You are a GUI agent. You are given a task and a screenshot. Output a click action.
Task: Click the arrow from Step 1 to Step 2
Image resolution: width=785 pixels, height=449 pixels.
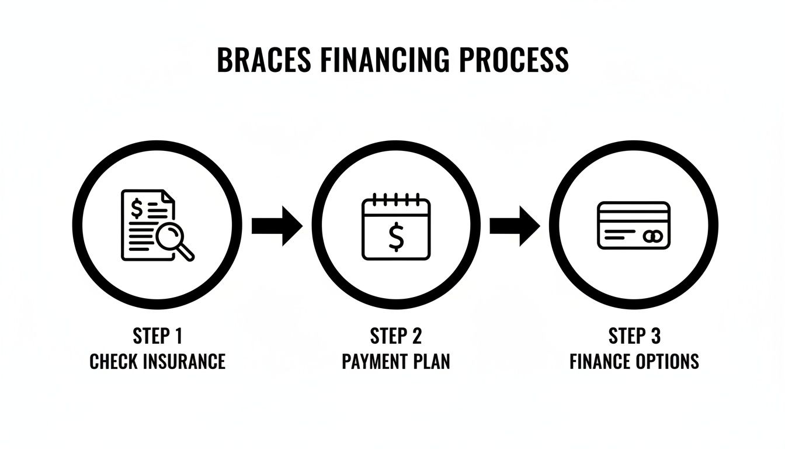pyautogui.click(x=277, y=225)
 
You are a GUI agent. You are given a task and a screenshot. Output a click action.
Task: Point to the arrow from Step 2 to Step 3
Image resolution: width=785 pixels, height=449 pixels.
pyautogui.click(x=515, y=225)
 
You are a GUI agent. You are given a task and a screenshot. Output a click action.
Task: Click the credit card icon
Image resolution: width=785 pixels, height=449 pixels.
pyautogui.click(x=634, y=225)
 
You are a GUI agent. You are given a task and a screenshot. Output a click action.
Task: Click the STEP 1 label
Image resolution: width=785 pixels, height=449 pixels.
pyautogui.click(x=158, y=337)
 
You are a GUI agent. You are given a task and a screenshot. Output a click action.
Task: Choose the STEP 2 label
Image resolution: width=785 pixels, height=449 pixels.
pyautogui.click(x=395, y=337)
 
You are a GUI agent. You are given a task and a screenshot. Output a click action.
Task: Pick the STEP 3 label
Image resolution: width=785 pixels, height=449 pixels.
pyautogui.click(x=634, y=337)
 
